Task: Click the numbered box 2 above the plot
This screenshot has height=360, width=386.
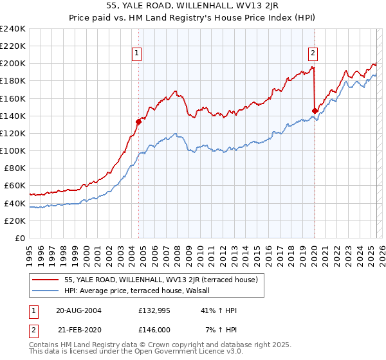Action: (313, 54)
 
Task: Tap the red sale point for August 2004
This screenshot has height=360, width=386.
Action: (138, 121)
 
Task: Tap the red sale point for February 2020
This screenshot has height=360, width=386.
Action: (315, 111)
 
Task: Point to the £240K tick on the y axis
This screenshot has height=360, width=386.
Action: (13, 29)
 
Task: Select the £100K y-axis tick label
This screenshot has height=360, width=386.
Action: (13, 150)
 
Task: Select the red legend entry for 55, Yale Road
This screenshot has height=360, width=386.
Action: (161, 280)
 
